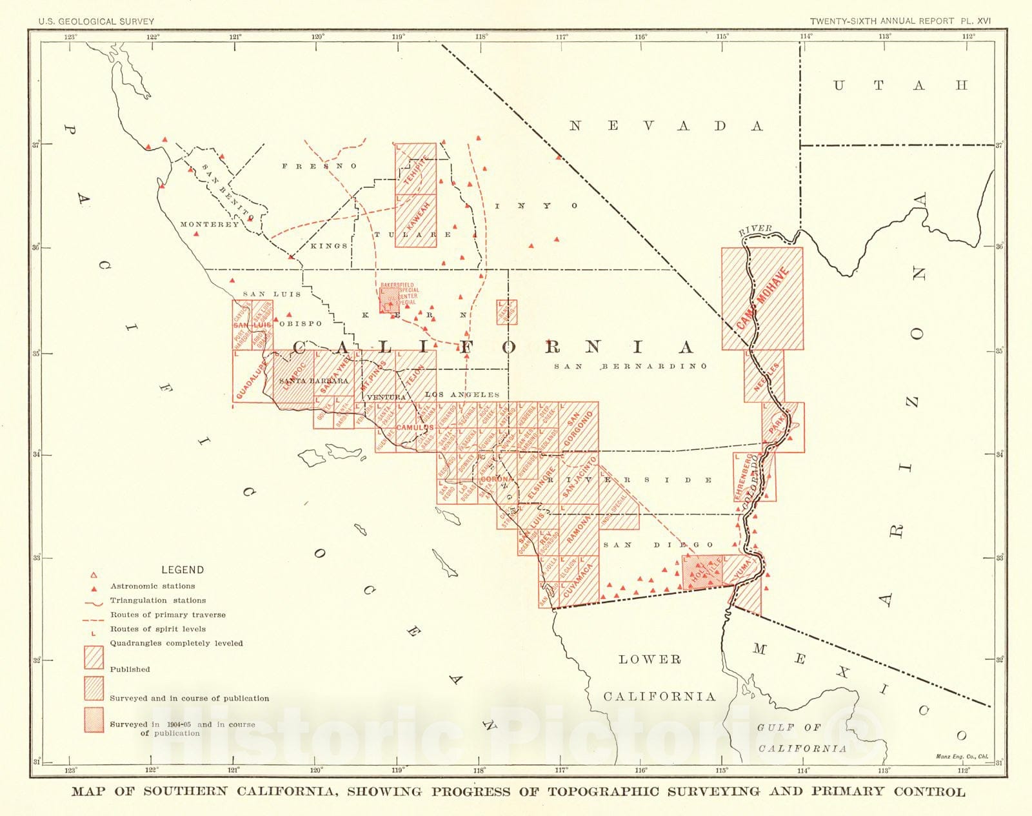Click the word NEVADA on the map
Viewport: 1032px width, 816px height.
tap(666, 126)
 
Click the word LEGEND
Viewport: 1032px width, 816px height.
tap(182, 570)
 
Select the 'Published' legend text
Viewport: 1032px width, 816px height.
tap(130, 669)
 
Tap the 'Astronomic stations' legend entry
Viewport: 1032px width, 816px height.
tap(152, 586)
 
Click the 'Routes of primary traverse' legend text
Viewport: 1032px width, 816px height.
tap(168, 615)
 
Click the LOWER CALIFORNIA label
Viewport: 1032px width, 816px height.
tap(659, 678)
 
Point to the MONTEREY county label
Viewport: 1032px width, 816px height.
tap(209, 225)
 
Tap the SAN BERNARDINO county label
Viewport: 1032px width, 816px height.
tap(630, 367)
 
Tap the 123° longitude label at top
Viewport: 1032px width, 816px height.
tap(70, 37)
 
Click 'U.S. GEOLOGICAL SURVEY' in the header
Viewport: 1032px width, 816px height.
tap(96, 21)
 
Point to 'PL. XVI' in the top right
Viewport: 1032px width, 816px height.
tap(975, 21)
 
